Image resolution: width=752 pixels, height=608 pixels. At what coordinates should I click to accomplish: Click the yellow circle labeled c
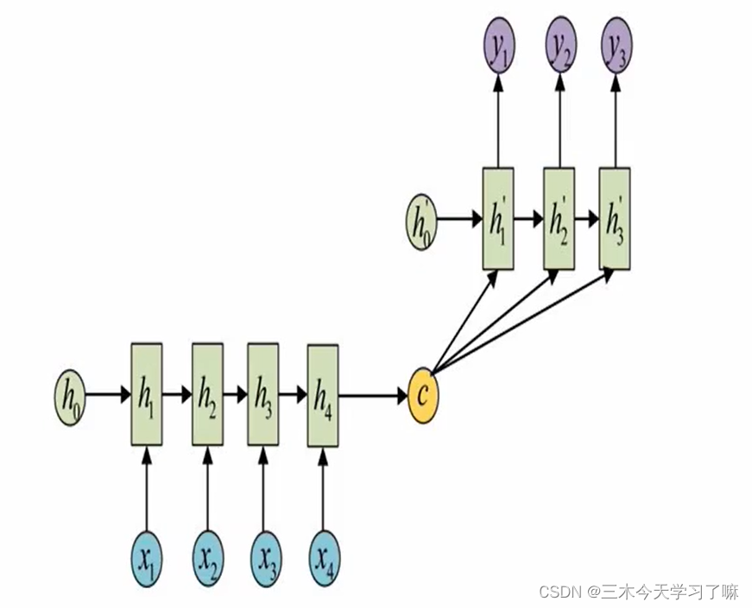pyautogui.click(x=423, y=395)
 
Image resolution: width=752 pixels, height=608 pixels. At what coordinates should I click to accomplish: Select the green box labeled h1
pyautogui.click(x=146, y=395)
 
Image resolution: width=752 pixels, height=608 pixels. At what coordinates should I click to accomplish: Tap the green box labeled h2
pyautogui.click(x=207, y=395)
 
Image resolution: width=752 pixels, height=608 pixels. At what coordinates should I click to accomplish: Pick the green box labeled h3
pyautogui.click(x=263, y=395)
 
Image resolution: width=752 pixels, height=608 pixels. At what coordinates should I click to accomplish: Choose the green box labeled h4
pyautogui.click(x=322, y=395)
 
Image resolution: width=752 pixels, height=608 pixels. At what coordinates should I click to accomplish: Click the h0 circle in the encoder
pyautogui.click(x=69, y=395)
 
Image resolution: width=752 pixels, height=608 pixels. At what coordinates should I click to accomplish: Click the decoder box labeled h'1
pyautogui.click(x=498, y=217)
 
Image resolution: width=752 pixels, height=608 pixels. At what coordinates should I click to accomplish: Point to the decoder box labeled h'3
pyautogui.click(x=615, y=217)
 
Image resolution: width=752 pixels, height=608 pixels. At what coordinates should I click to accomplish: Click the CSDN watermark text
pyautogui.click(x=638, y=592)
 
